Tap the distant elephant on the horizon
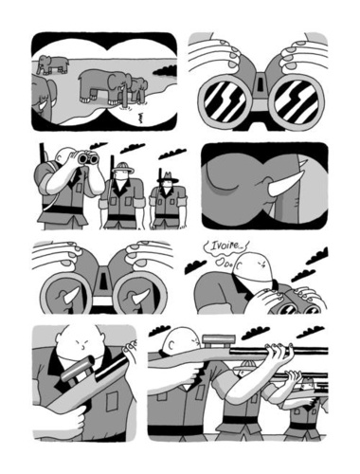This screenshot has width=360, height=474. click(x=53, y=64)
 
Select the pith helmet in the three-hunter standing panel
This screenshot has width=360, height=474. click(x=123, y=168)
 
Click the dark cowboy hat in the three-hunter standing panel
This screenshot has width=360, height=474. click(x=168, y=177)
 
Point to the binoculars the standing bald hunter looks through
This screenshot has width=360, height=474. click(x=89, y=158)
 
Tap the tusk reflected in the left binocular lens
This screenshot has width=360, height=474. click(x=72, y=296)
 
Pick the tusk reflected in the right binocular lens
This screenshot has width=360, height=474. click(x=139, y=297)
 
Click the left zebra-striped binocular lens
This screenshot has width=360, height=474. click(x=225, y=101)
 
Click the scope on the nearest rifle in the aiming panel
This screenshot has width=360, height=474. click(x=219, y=341)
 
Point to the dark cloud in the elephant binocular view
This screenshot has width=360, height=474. click(x=165, y=71)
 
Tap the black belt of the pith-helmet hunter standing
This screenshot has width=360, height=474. click(x=122, y=217)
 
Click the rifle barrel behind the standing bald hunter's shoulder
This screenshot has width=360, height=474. click(x=42, y=154)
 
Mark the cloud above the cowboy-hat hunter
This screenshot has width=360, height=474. click(x=171, y=155)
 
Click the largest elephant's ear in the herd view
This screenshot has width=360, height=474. click(x=111, y=82)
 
